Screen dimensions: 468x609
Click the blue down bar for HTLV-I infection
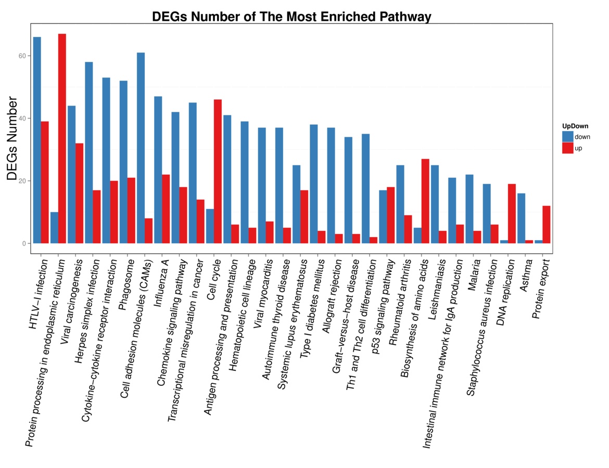pos(37,140)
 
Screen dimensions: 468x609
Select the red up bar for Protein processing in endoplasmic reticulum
pos(62,139)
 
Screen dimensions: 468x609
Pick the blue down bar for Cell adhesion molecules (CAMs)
pos(141,148)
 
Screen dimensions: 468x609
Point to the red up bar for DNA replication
pos(511,214)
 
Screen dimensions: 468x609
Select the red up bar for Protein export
pos(546,225)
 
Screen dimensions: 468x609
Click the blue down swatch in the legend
pos(567,136)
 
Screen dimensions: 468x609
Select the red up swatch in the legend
pos(567,148)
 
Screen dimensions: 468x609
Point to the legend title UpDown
pos(575,126)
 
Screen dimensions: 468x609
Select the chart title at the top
pos(291,17)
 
